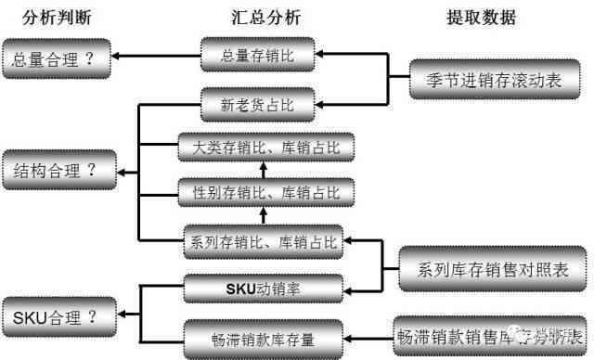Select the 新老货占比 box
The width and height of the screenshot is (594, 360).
[x=258, y=104]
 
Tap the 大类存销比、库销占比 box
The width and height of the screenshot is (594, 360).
[x=265, y=148]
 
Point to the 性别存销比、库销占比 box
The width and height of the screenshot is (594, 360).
[x=265, y=194]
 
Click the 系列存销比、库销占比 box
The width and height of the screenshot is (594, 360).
[x=265, y=243]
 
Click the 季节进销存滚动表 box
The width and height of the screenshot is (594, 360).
[x=497, y=80]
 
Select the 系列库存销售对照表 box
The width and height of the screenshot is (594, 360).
[x=491, y=270]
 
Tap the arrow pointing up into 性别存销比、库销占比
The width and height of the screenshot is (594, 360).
[x=263, y=218]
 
